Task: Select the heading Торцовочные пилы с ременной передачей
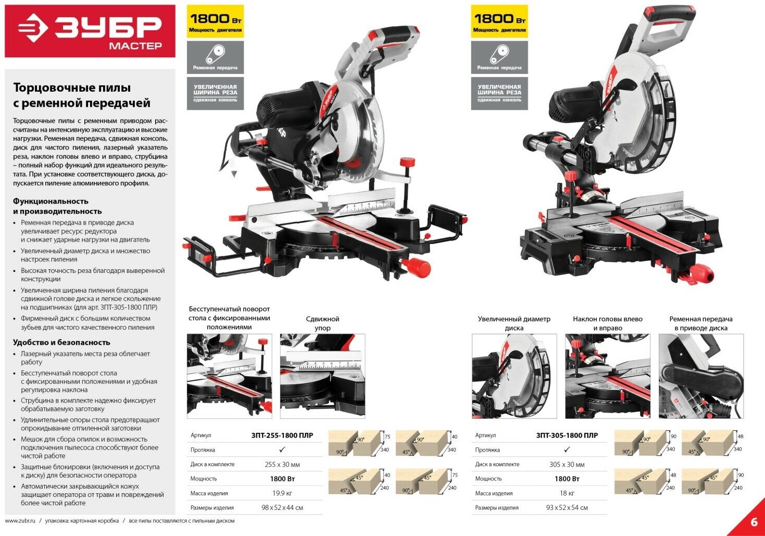click(x=81, y=95)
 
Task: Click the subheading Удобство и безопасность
click(x=61, y=342)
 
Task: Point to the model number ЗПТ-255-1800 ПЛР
click(x=282, y=435)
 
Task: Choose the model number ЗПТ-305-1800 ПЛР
click(x=567, y=435)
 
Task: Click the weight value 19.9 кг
click(x=282, y=493)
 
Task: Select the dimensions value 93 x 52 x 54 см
click(x=567, y=507)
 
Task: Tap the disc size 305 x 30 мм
click(x=567, y=465)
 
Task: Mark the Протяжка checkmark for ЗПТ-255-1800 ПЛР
click(x=282, y=450)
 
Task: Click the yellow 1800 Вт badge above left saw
click(x=215, y=22)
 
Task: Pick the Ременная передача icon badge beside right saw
click(x=499, y=57)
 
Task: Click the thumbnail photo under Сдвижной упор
click(x=322, y=376)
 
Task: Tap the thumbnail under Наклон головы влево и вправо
click(x=607, y=376)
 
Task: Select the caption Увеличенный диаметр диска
click(x=514, y=323)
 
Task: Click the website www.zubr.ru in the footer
click(x=20, y=520)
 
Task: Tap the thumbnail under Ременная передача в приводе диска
click(x=701, y=376)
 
